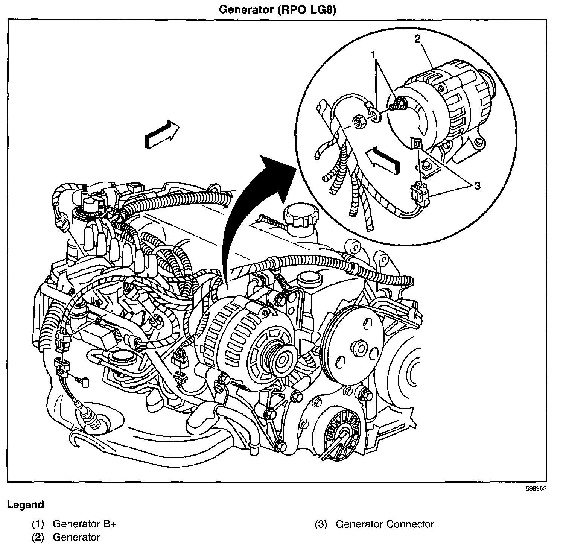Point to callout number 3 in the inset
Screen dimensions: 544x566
click(477, 186)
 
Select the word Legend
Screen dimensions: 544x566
click(26, 505)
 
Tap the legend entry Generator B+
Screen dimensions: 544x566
click(85, 524)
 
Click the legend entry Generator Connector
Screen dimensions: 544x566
click(385, 524)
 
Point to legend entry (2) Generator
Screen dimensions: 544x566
click(76, 537)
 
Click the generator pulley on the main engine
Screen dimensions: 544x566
click(281, 360)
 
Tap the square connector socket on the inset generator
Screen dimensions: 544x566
click(416, 143)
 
